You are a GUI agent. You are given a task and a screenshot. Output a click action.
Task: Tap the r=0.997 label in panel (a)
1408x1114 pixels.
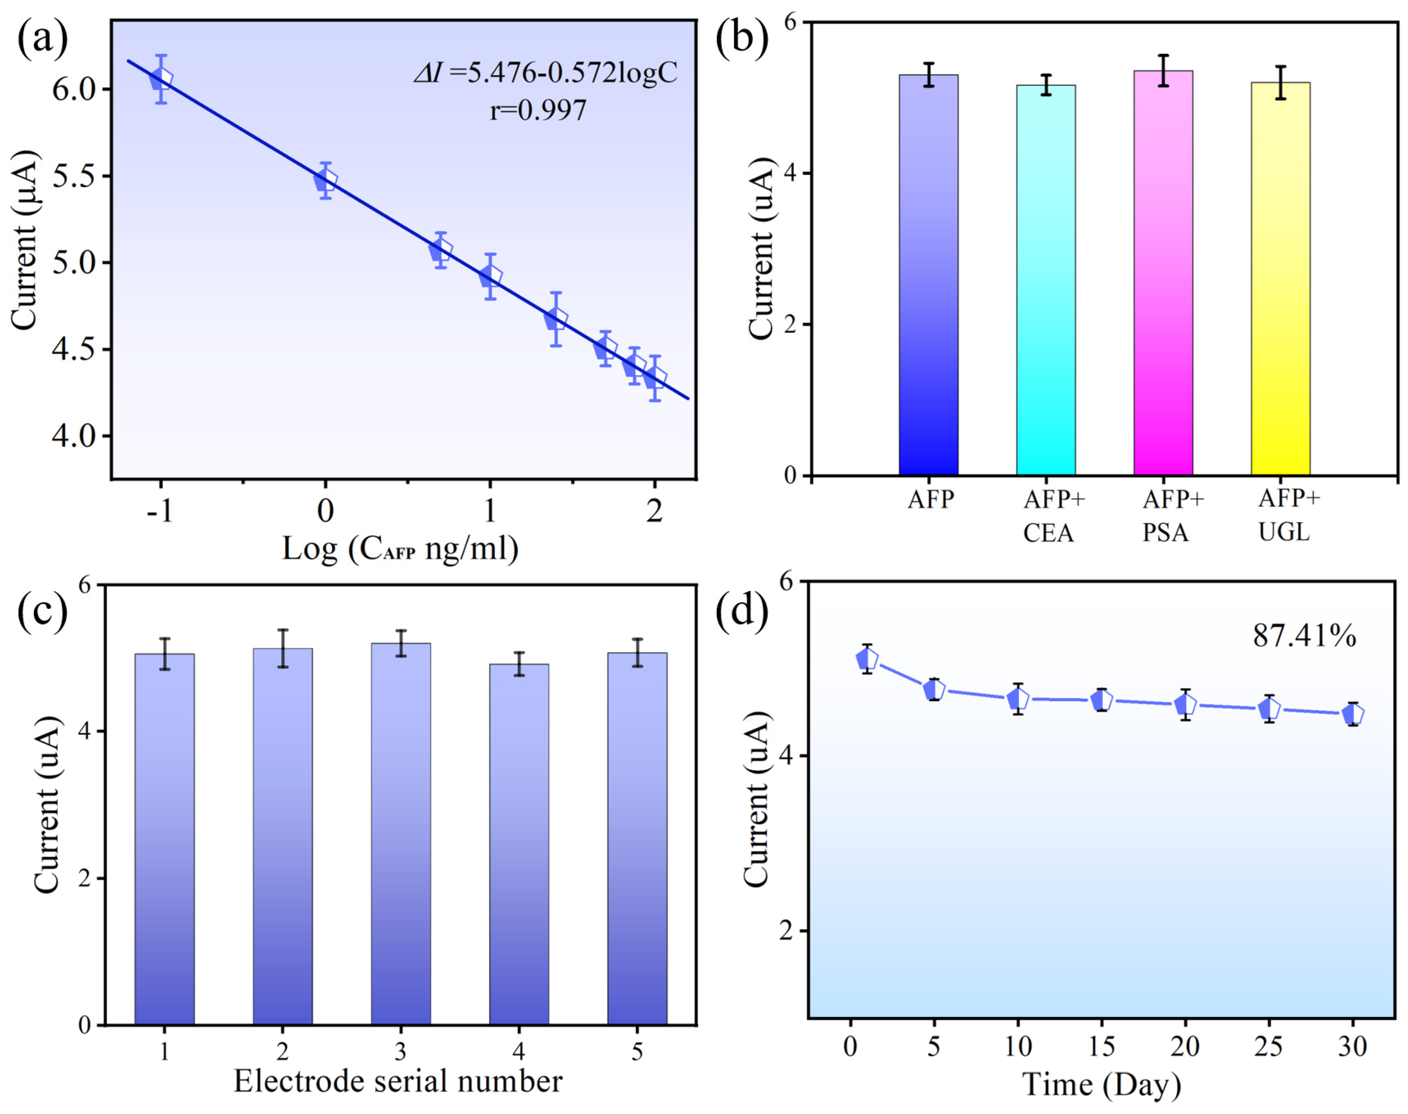(x=538, y=109)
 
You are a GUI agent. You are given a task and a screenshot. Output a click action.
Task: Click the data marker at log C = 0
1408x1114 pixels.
(x=326, y=180)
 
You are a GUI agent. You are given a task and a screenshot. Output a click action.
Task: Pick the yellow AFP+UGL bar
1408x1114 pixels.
(x=1280, y=280)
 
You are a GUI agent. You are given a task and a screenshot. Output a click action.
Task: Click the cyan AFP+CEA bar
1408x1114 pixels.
(x=1046, y=280)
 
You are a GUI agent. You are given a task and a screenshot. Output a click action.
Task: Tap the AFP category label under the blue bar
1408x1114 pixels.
(x=931, y=500)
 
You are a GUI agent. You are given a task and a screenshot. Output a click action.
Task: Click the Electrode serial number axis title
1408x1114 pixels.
(x=398, y=1081)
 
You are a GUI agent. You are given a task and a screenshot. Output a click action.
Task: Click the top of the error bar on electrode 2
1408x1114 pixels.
(x=283, y=630)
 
